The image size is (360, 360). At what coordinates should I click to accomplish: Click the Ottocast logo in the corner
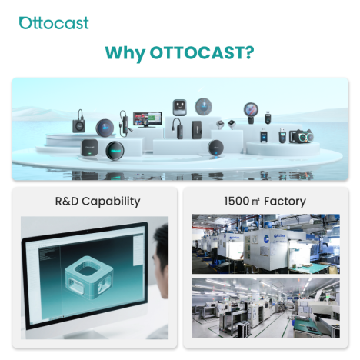point(54,23)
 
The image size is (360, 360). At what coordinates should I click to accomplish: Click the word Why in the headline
point(125,53)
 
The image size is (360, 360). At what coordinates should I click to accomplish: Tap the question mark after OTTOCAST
point(248,52)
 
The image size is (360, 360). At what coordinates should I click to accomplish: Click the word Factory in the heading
point(285,202)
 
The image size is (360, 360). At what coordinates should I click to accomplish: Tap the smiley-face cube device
point(179,108)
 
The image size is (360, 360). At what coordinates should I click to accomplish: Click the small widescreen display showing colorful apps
point(147,119)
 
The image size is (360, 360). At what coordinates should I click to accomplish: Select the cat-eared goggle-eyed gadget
point(302,136)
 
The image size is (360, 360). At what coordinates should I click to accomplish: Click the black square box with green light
point(89,148)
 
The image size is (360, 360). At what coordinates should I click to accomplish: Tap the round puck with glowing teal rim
point(115,150)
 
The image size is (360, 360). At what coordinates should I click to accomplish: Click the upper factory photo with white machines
point(266,244)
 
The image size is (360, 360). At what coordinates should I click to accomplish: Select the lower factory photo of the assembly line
point(266,308)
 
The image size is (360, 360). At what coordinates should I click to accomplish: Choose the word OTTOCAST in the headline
point(196,52)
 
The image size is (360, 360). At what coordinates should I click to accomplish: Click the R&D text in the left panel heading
point(67,201)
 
